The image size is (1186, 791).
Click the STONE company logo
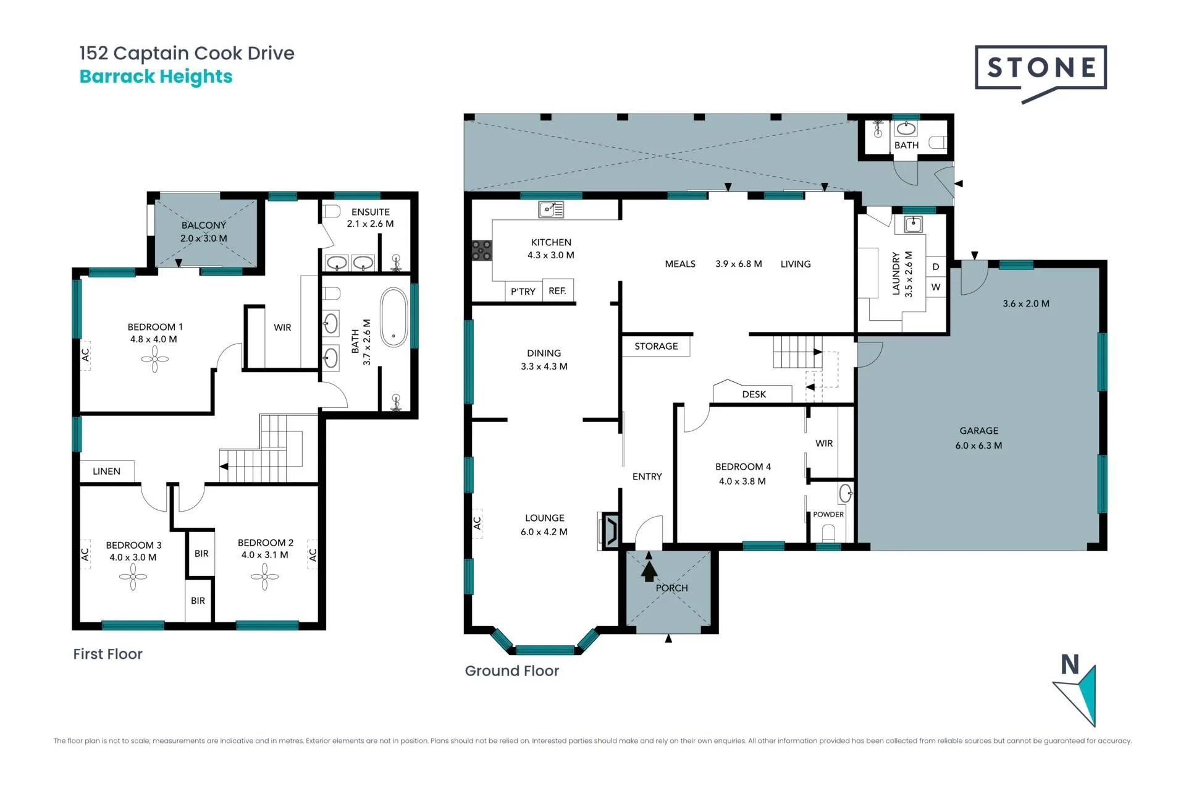click(1040, 73)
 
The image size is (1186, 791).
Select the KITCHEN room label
click(551, 242)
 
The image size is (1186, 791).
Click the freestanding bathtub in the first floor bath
click(393, 317)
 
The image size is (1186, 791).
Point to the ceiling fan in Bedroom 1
click(154, 359)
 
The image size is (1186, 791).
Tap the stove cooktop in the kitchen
click(482, 250)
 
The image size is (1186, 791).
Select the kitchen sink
click(551, 209)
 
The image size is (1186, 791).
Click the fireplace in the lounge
click(609, 531)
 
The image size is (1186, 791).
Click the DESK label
click(754, 394)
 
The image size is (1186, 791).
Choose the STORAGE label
click(656, 346)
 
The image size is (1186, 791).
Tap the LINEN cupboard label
click(106, 471)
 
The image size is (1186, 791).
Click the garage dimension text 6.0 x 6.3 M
click(978, 445)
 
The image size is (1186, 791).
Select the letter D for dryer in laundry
click(936, 267)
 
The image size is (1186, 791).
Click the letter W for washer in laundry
click(936, 287)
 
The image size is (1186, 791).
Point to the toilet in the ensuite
click(332, 211)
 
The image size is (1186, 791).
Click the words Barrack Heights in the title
click(156, 77)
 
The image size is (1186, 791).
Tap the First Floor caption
click(107, 654)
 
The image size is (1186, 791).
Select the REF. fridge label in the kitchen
click(557, 290)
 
